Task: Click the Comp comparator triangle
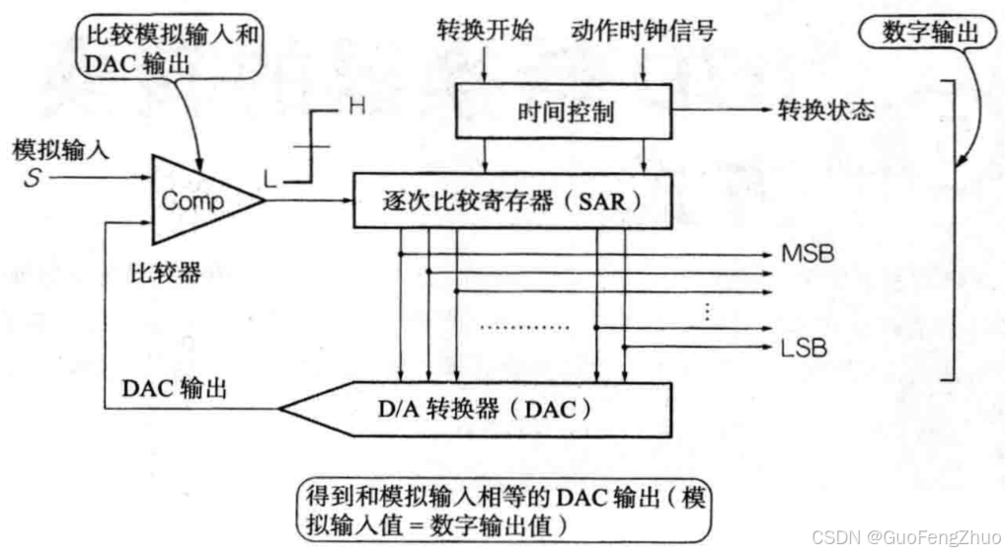pos(197,201)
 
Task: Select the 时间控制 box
pos(565,112)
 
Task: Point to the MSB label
pos(808,254)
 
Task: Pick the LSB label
pos(805,348)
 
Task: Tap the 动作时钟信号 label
pos(644,31)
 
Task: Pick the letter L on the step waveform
pos(270,180)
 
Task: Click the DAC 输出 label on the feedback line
pos(174,388)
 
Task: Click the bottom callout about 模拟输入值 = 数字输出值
pos(503,511)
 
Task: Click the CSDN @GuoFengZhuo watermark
pos(901,536)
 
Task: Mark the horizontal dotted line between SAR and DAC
pos(523,327)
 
